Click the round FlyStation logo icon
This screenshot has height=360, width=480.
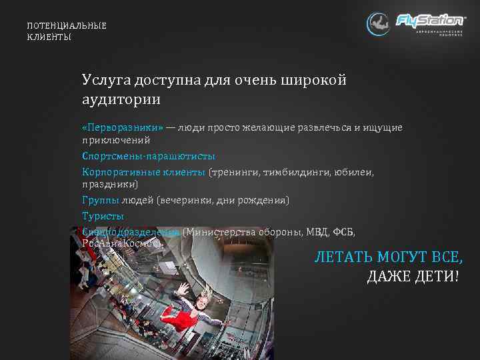tap(378, 24)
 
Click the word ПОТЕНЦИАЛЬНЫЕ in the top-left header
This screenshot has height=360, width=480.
tap(66, 25)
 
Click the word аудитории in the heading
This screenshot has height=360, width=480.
tap(121, 99)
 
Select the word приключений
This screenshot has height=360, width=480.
tap(116, 141)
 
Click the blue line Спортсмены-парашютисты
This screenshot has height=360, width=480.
tap(148, 156)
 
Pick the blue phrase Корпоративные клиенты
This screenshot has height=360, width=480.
tap(143, 172)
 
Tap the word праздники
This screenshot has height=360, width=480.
tap(109, 185)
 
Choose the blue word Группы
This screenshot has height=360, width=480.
tap(100, 200)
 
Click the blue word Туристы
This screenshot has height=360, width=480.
tap(103, 216)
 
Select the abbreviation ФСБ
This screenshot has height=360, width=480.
tap(344, 232)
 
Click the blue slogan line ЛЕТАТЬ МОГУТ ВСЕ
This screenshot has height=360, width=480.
tap(389, 257)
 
